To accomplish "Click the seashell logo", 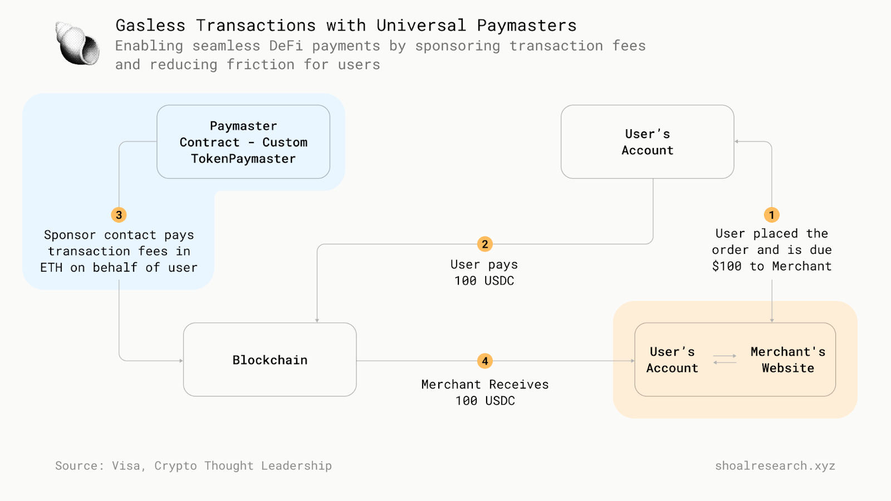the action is pos(77,43).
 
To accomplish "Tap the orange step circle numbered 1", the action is pos(771,215).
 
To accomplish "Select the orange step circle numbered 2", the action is pos(484,244).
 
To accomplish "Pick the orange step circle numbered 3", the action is pos(119,215).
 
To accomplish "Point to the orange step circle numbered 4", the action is pos(484,361).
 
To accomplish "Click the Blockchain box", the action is pos(270,360).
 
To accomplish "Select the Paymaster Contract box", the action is pos(243,142).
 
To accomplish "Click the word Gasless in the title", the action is pos(150,26).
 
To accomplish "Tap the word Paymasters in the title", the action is pos(526,26).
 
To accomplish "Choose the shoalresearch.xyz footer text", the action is pos(775,465).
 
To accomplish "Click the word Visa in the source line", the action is pos(126,465).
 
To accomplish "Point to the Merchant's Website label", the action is pos(787,360).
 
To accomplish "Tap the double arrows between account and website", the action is pos(724,359).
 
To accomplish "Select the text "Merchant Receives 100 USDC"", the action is pos(484,392).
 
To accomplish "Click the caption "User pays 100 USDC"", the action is pos(484,272).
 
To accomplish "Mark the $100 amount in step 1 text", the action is pos(726,266).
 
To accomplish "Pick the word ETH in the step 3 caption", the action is pos(51,268).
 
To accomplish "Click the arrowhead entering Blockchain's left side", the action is pos(181,361).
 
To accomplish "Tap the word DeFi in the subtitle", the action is pos(286,46).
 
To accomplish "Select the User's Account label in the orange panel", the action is pos(672,360).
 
